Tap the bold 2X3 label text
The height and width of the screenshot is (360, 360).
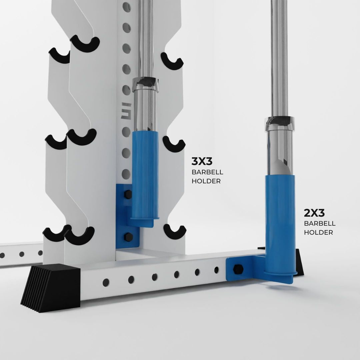pos(314,213)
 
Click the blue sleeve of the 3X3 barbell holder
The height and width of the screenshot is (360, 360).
pos(145,173)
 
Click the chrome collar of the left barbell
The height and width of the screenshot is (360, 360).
pos(146,84)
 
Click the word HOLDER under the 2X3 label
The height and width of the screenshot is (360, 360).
pos(318,232)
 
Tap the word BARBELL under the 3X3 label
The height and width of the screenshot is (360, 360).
pos(207,172)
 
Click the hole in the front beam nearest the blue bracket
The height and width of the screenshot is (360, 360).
pos(216,270)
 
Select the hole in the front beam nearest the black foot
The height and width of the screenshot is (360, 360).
pos(106,281)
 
